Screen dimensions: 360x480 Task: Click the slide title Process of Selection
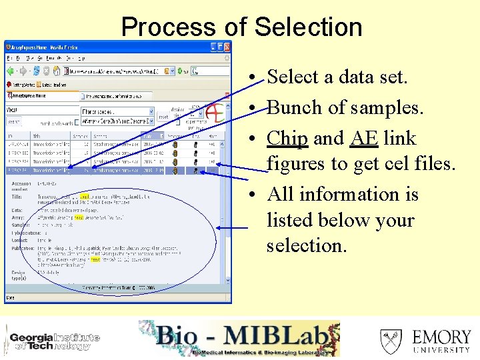point(241,27)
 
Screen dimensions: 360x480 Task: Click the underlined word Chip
point(287,139)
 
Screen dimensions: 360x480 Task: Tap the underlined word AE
point(364,139)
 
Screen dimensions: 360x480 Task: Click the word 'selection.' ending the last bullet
point(307,245)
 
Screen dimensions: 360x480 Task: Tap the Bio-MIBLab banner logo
point(240,339)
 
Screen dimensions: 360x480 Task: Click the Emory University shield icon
point(391,341)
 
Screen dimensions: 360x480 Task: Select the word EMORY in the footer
point(441,336)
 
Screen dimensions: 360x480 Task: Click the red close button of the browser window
point(227,47)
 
